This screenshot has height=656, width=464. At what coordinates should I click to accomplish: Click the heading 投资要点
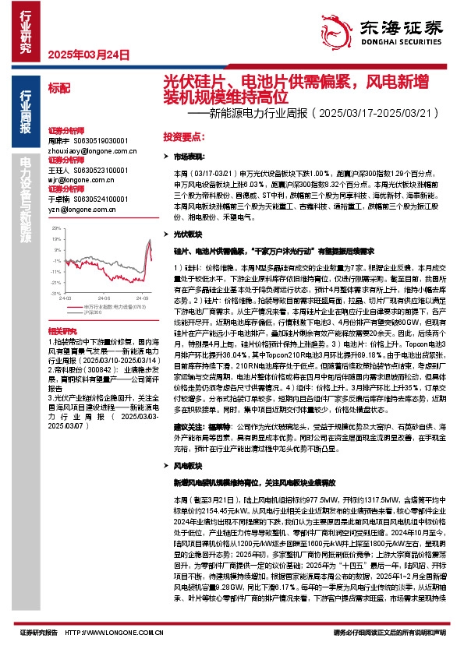click(x=182, y=136)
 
